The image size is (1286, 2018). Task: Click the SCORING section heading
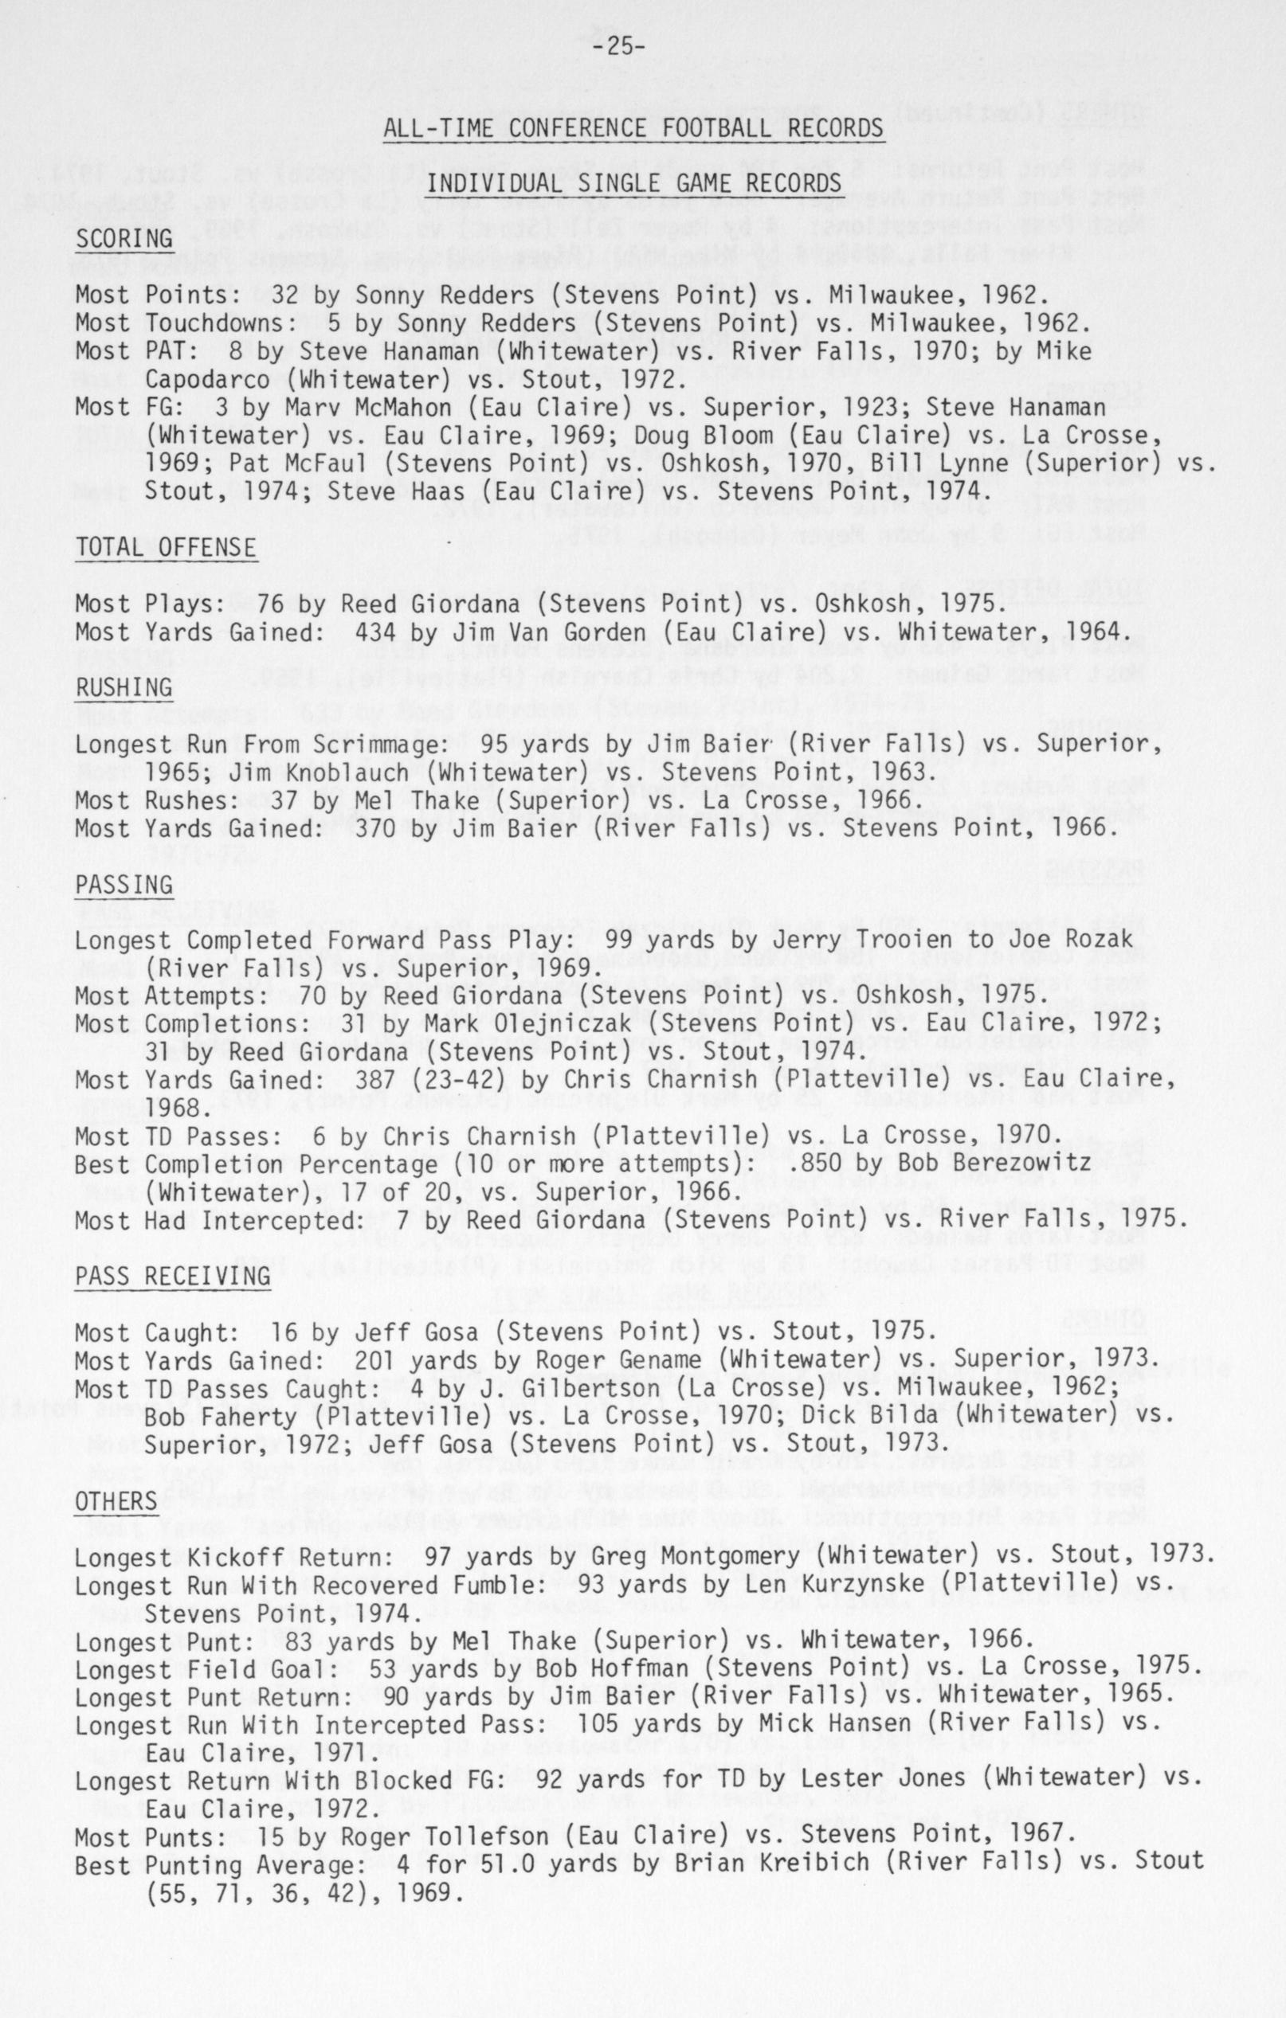pos(124,239)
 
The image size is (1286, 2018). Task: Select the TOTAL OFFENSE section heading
pos(166,547)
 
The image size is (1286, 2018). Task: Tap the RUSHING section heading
pos(124,687)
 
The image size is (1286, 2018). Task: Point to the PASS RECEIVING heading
pos(173,1277)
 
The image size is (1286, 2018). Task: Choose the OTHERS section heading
pos(116,1501)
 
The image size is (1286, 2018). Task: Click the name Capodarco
pos(207,379)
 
